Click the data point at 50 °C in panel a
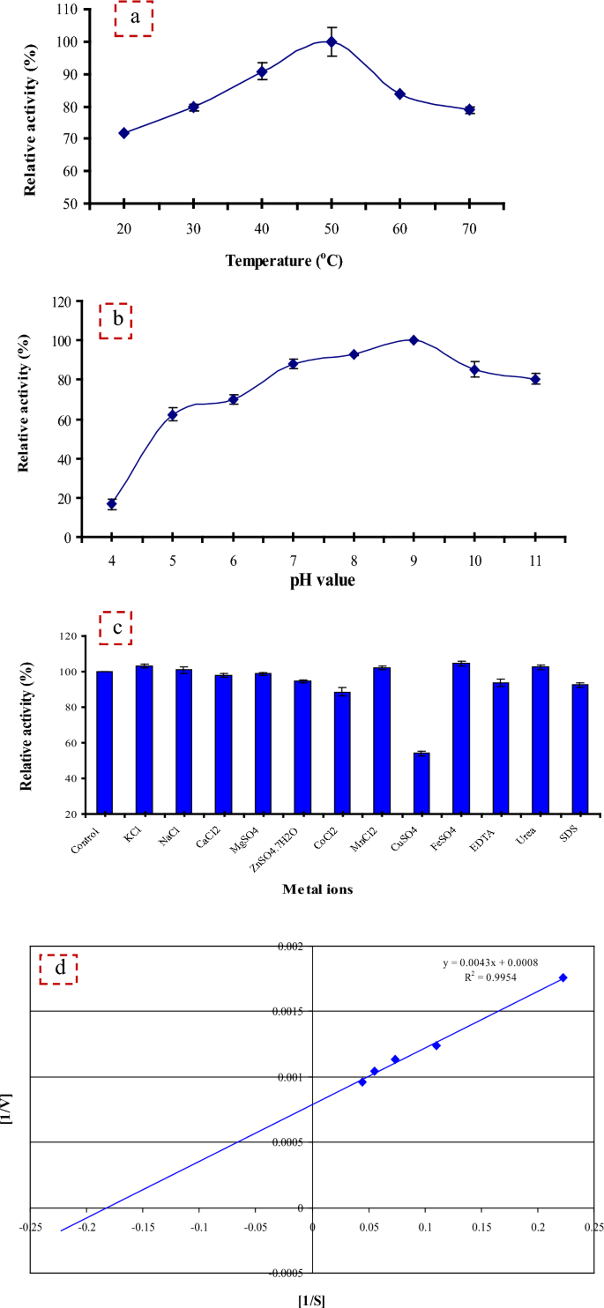coord(332,41)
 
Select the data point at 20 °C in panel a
coord(123,133)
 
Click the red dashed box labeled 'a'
coord(134,19)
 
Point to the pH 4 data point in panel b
coord(112,504)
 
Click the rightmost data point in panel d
coord(563,977)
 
